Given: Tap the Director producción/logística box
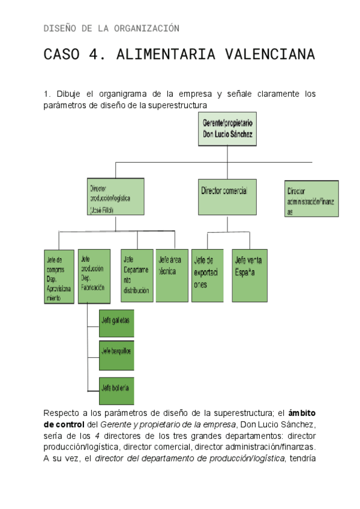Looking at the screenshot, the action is (x=116, y=196).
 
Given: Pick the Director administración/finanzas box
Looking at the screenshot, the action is (x=311, y=199).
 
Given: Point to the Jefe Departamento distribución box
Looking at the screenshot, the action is (x=137, y=275).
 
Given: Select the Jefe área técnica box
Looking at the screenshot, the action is (x=172, y=275).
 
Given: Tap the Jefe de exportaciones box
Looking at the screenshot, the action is (x=207, y=275).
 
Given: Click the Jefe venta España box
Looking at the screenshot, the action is (x=250, y=275).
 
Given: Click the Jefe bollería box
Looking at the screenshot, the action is (x=116, y=387).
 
